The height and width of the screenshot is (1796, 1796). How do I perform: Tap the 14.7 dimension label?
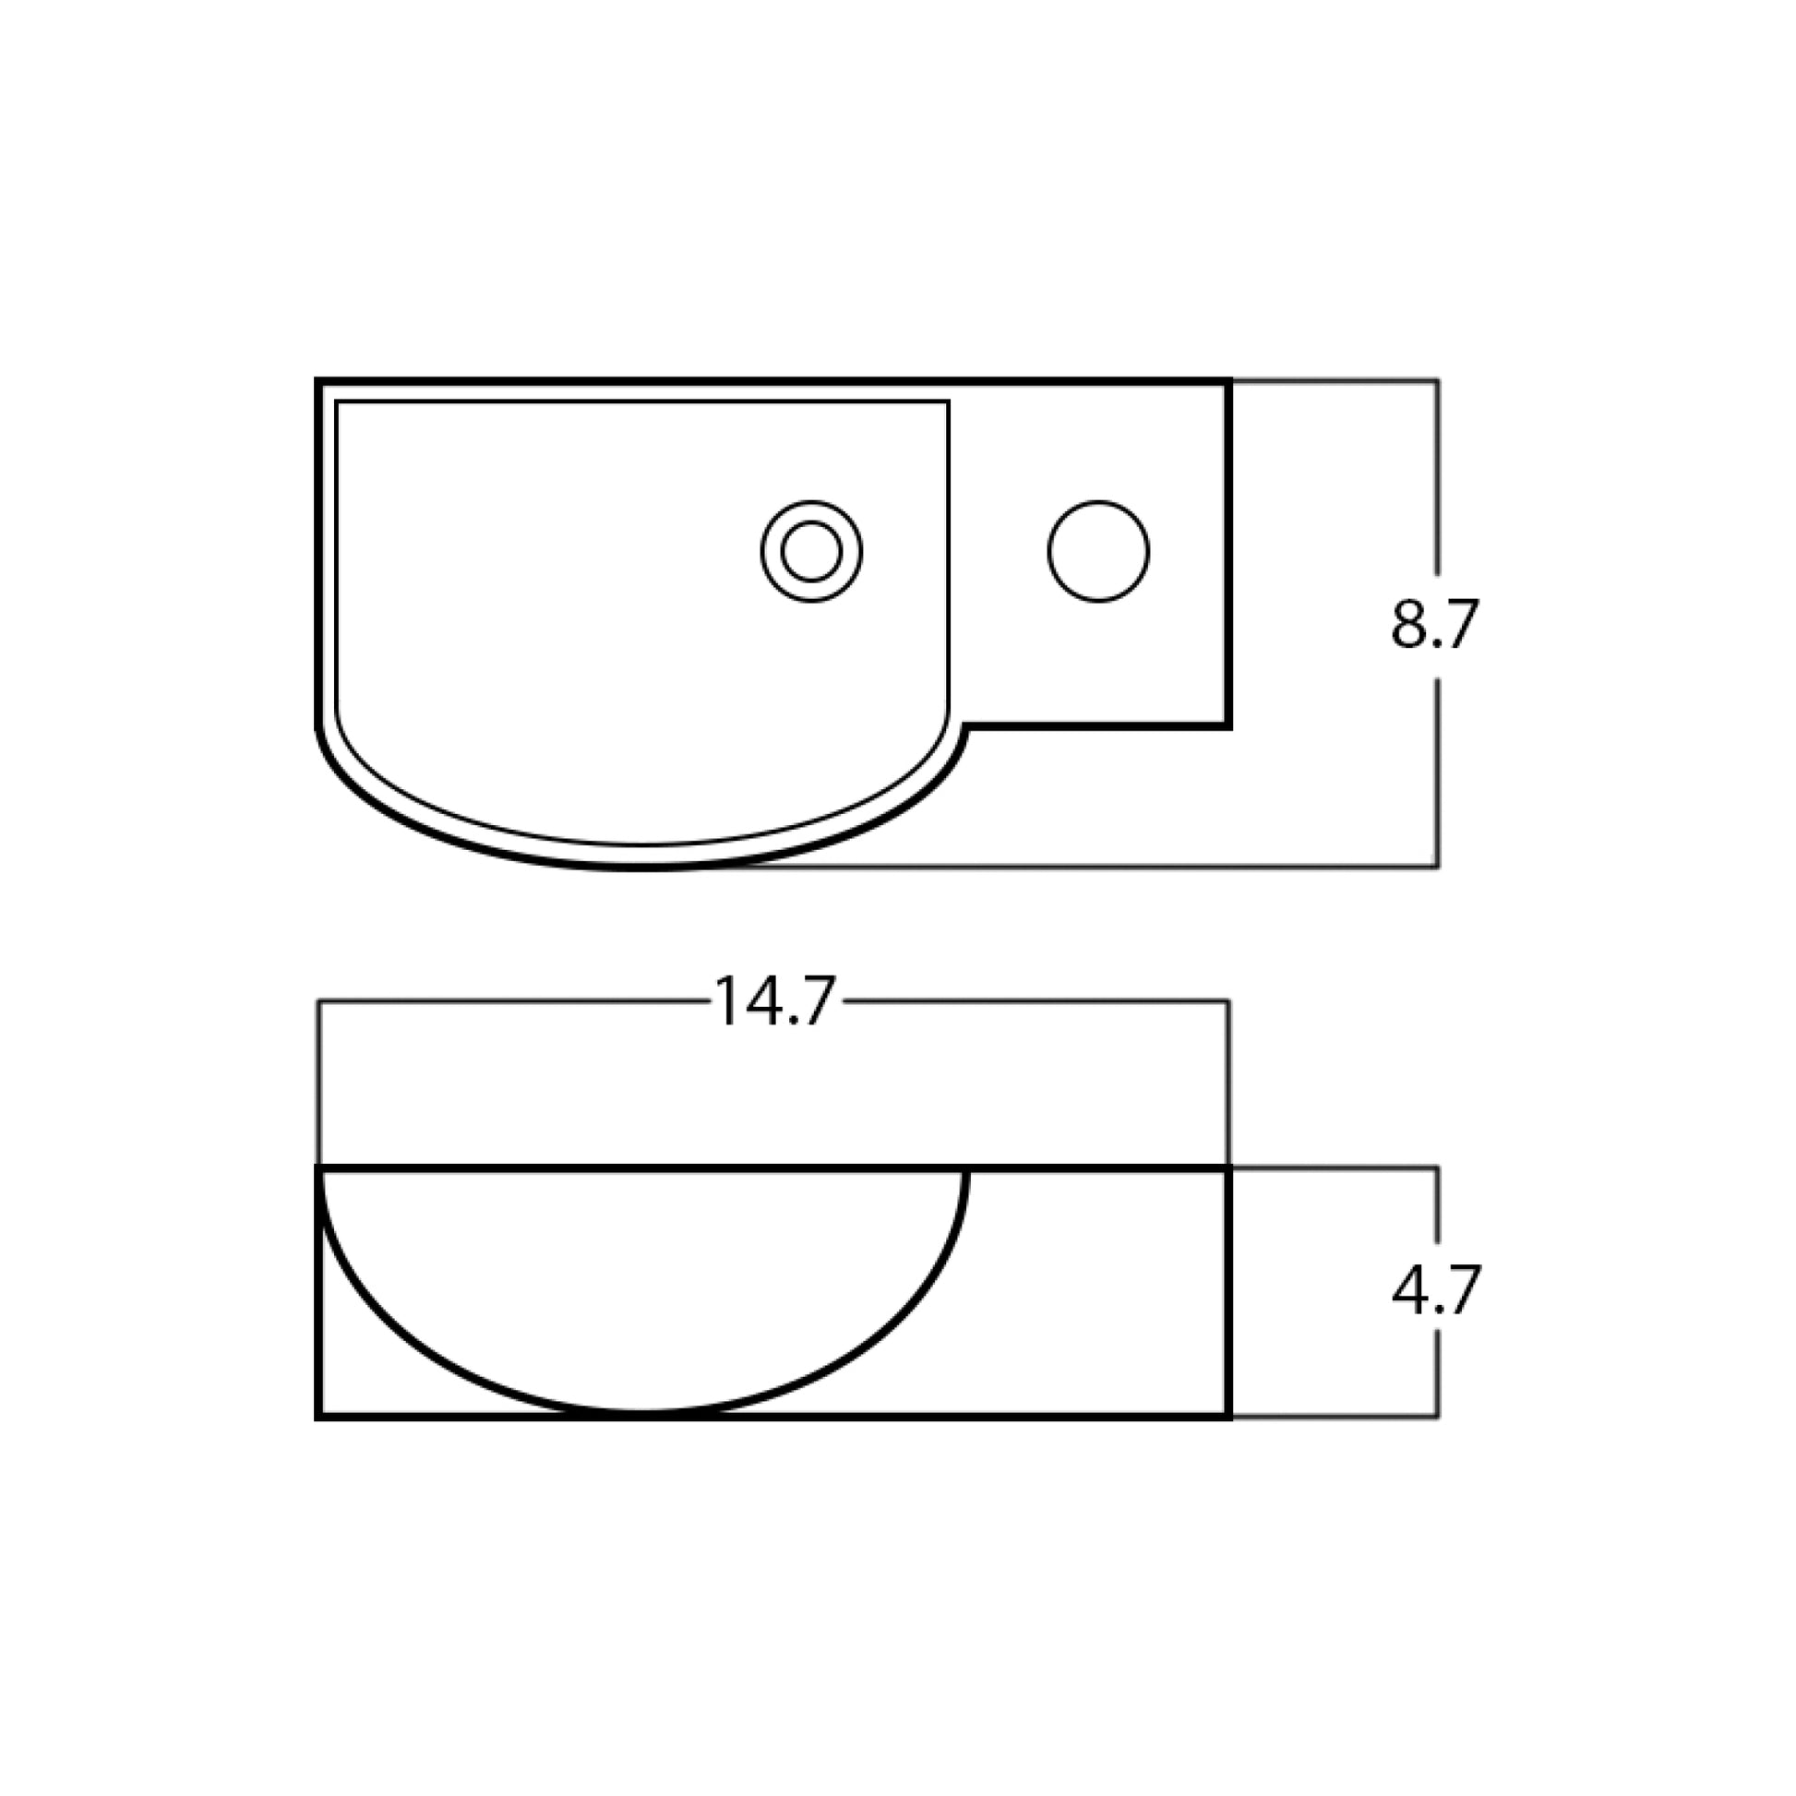tap(774, 1002)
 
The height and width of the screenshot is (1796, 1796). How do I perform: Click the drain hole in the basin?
tap(810, 551)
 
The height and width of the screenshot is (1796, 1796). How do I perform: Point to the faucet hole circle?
tap(1098, 551)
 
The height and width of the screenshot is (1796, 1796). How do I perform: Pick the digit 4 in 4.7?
tap(1409, 1290)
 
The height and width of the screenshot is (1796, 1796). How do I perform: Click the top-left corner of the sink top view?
tap(317, 381)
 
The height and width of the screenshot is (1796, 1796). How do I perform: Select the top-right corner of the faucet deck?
tap(1229, 381)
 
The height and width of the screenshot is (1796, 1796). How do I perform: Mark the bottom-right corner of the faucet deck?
tap(1229, 726)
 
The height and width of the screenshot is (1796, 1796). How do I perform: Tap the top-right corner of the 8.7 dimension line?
tap(1438, 380)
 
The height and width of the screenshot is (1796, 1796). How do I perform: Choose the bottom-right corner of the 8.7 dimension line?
tap(1438, 868)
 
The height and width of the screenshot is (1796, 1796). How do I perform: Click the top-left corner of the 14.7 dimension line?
tap(318, 1002)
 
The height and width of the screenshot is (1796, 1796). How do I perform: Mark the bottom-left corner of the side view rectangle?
tap(318, 1417)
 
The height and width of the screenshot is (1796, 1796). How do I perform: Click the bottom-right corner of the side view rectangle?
tap(1229, 1417)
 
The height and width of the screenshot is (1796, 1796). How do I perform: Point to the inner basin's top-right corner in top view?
tap(947, 402)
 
